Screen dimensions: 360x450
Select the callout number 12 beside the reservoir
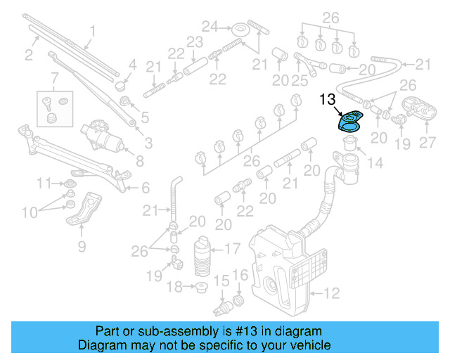tap(330, 292)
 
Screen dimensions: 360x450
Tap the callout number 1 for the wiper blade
tap(92, 31)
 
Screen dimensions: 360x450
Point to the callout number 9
tap(81, 246)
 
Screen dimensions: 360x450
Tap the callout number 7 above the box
tap(55, 75)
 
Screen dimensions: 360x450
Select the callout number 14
tap(375, 164)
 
